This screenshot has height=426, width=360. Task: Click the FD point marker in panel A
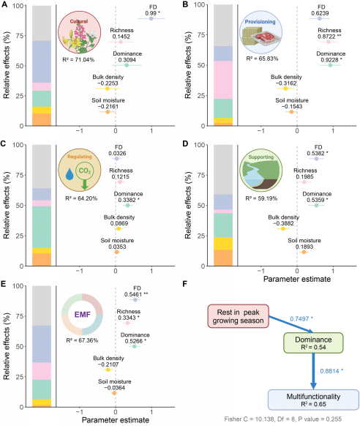[x=151, y=18]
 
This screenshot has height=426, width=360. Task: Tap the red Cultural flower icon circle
[x=80, y=32]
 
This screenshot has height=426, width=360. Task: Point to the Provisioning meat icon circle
[x=261, y=32]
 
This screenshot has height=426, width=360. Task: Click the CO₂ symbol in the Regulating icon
[x=85, y=171]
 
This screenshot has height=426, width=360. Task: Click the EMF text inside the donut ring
[x=82, y=315]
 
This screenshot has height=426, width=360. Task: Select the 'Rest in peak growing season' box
[x=238, y=316]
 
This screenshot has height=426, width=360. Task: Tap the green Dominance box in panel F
[x=313, y=343]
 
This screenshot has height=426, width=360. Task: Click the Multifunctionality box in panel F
[x=313, y=400]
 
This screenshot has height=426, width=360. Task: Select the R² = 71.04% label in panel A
[x=78, y=59]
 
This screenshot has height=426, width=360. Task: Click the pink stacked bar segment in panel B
[x=223, y=80]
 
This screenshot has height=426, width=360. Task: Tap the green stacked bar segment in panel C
[x=42, y=227]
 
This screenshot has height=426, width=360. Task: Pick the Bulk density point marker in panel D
[x=283, y=229]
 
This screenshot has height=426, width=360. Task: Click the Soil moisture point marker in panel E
[x=114, y=393]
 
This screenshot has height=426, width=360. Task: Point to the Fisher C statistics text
[x=282, y=419]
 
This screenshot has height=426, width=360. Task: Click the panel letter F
[x=185, y=284]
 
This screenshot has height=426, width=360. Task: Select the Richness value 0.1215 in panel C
[x=121, y=176]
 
